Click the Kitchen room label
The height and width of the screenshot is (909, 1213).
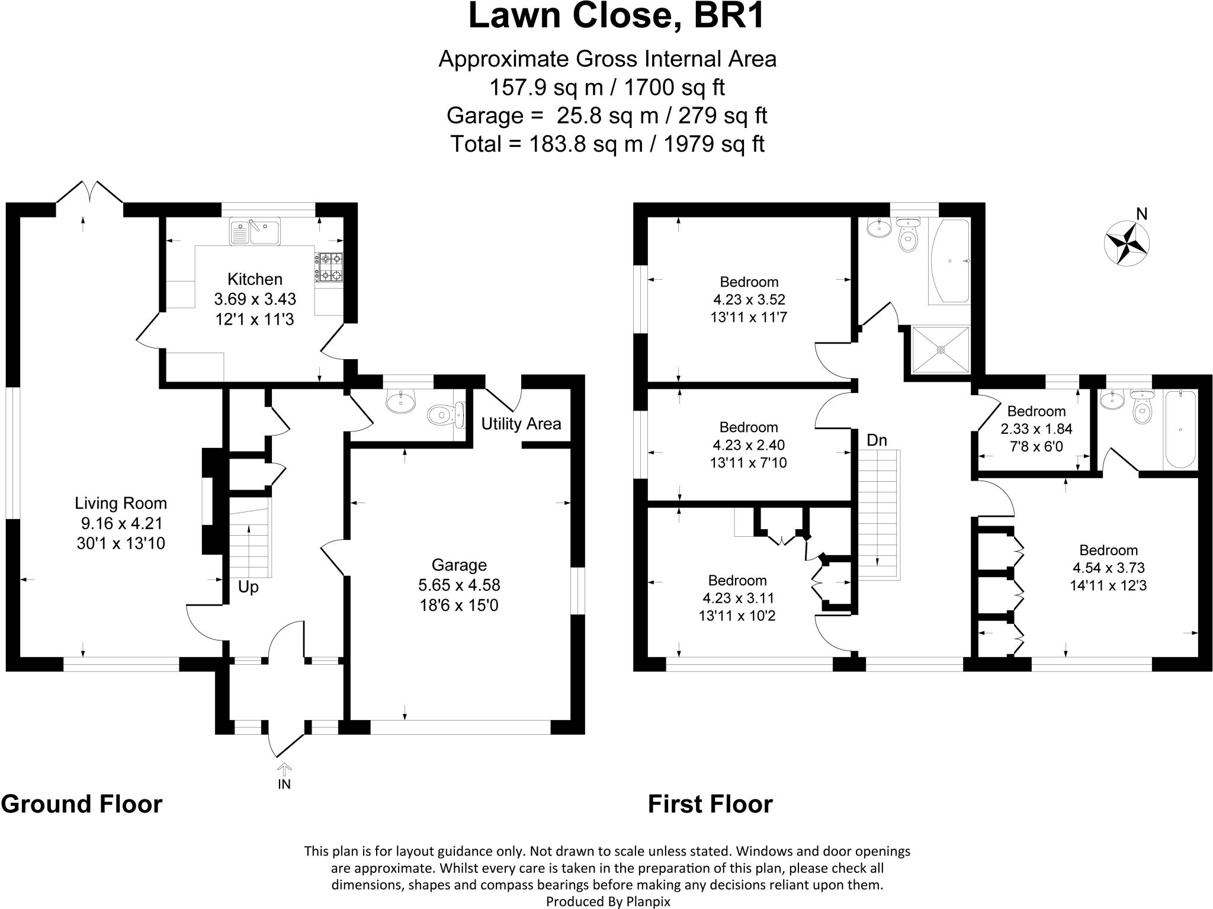[x=255, y=279]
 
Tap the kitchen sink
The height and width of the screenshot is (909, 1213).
[x=255, y=231]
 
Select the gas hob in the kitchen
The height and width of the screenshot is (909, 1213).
[x=329, y=267]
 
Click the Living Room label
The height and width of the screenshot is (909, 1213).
[x=121, y=504]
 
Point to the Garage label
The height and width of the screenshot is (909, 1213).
[x=459, y=565]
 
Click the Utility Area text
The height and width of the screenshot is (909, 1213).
[x=521, y=424]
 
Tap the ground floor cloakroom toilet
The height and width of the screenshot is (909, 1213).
[x=443, y=414]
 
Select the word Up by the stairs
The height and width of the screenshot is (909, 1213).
[x=248, y=587]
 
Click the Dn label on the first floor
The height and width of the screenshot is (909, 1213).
[x=877, y=440]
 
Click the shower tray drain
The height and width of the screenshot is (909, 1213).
[x=941, y=350]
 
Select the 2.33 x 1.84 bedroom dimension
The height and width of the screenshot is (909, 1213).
[x=1036, y=428]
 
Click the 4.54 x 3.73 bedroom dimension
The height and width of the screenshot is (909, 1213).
[x=1108, y=568]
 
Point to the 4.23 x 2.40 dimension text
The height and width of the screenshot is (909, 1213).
[x=748, y=444]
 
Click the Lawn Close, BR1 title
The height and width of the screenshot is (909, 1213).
[x=616, y=17]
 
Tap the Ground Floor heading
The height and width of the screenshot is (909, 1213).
[x=82, y=804]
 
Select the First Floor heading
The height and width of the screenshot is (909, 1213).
[x=710, y=804]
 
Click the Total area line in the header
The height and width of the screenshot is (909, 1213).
[x=607, y=144]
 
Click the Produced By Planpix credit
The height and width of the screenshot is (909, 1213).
[x=607, y=901]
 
